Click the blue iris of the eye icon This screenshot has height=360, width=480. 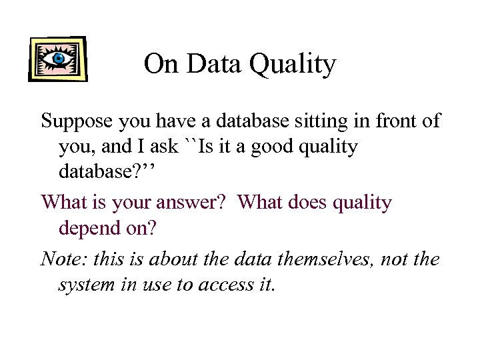tap(58, 59)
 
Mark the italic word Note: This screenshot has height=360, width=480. tap(62, 259)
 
